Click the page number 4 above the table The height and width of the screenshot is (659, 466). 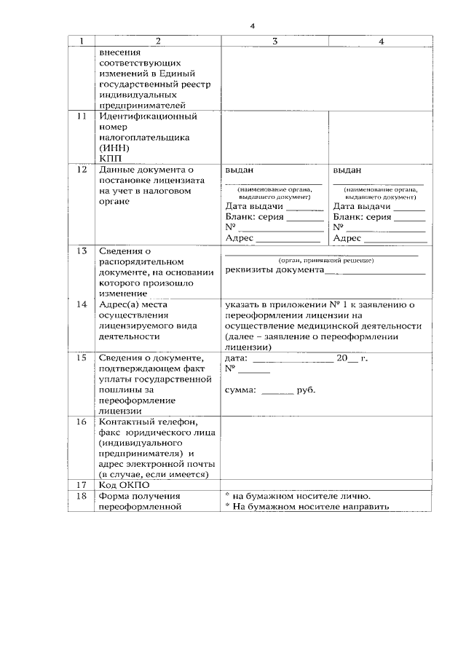[253, 26]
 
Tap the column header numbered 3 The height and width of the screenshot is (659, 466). [275, 42]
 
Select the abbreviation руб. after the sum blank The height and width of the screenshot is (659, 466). [306, 390]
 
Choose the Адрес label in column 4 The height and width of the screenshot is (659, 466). [347, 238]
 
